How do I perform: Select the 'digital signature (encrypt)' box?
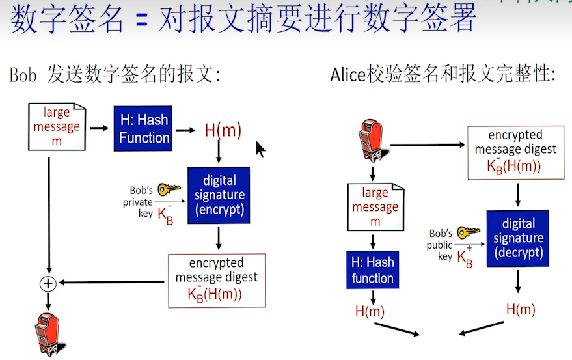219,195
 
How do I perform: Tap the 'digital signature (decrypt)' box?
517,238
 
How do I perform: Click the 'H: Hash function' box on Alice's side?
372,270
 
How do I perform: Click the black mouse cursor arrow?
260,149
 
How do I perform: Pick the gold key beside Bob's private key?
169,189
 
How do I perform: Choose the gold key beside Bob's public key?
468,232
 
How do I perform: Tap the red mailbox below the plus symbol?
47,333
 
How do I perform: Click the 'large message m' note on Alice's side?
375,207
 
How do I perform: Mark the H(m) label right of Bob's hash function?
223,130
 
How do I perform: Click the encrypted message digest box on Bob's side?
217,280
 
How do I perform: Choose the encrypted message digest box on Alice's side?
515,152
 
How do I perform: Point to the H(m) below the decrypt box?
521,309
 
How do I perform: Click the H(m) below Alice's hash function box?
370,311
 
